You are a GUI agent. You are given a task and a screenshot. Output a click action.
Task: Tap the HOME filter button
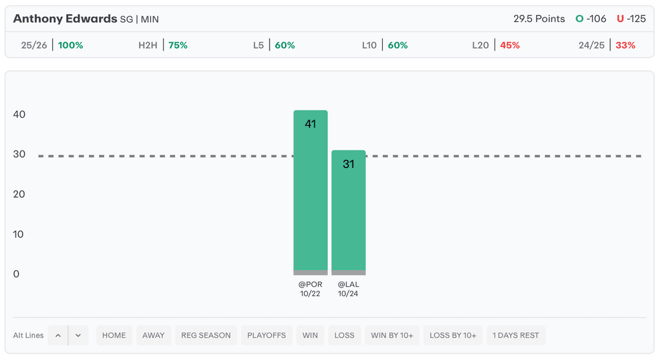(114, 335)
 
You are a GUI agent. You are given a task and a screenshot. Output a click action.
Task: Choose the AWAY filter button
(153, 335)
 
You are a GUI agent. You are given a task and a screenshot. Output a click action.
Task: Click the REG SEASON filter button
(206, 335)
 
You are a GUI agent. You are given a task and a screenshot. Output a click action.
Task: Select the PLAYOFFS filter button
(266, 335)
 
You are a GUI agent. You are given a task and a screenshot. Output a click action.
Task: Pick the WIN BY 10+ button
(392, 335)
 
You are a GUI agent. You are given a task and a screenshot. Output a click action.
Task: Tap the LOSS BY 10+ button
(453, 335)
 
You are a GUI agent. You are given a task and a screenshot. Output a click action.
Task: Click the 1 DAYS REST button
(516, 335)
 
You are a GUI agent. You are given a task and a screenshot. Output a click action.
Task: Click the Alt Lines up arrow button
(58, 335)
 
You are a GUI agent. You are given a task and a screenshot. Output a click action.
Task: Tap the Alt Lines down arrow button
(78, 335)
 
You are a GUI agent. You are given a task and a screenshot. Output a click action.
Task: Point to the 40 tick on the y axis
(19, 114)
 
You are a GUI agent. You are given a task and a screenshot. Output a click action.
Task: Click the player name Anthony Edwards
(65, 19)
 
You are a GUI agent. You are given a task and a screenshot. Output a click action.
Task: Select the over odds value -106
(596, 19)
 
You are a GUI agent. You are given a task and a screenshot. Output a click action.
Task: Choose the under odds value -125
(636, 19)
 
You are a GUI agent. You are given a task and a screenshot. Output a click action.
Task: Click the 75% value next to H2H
(178, 45)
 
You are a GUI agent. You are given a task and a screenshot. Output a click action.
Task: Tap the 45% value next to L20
(509, 45)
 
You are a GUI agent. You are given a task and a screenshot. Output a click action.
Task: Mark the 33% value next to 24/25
(625, 45)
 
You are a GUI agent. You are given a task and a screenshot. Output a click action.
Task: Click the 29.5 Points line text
(539, 19)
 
